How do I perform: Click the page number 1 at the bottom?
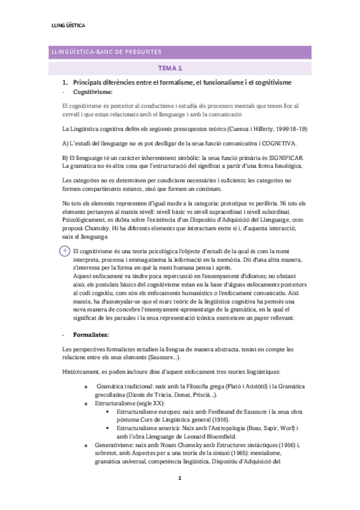pos(180,479)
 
